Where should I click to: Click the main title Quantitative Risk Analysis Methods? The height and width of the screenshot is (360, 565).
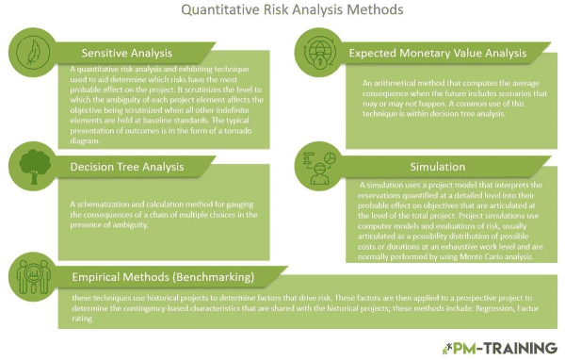tap(282, 11)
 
